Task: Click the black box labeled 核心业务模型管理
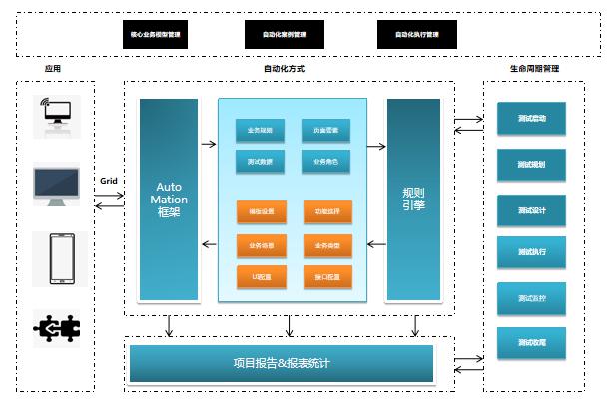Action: click(x=156, y=34)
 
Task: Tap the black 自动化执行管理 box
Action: click(x=416, y=34)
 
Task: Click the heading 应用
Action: click(x=53, y=69)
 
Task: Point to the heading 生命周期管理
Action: click(x=534, y=69)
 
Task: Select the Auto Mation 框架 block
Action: click(x=169, y=200)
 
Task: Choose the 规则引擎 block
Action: click(x=413, y=200)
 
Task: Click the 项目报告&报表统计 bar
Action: click(x=282, y=363)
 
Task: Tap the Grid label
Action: click(x=109, y=181)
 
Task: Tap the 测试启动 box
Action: click(x=532, y=119)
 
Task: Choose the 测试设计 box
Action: click(x=532, y=209)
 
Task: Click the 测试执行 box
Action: click(x=532, y=253)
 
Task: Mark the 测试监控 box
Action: click(x=532, y=298)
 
